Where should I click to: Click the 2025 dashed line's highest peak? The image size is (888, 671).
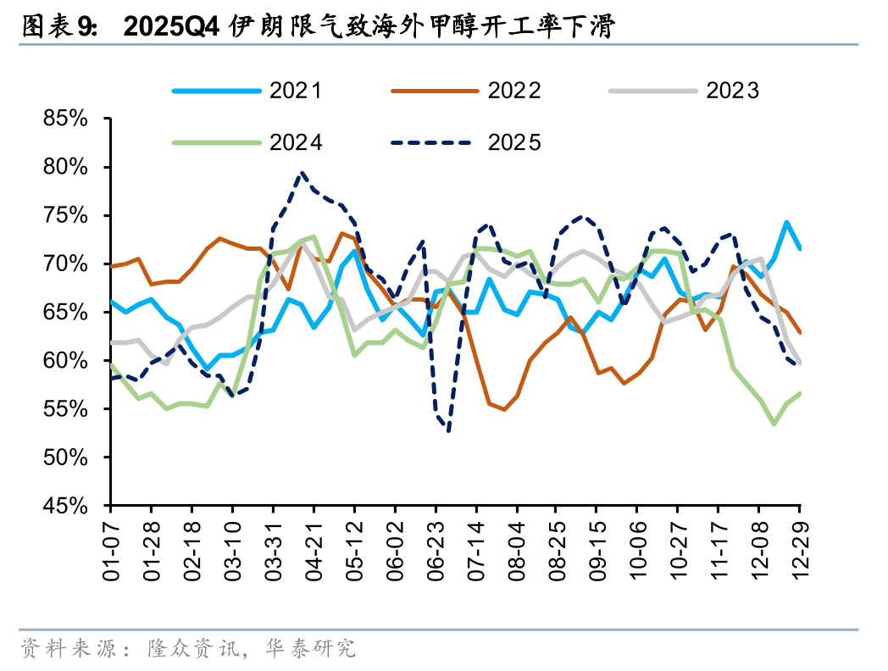(302, 173)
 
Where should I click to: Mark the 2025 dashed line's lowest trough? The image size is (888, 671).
(447, 430)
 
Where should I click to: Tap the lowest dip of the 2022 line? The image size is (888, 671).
(504, 409)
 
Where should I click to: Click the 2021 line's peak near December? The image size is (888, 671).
(786, 222)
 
